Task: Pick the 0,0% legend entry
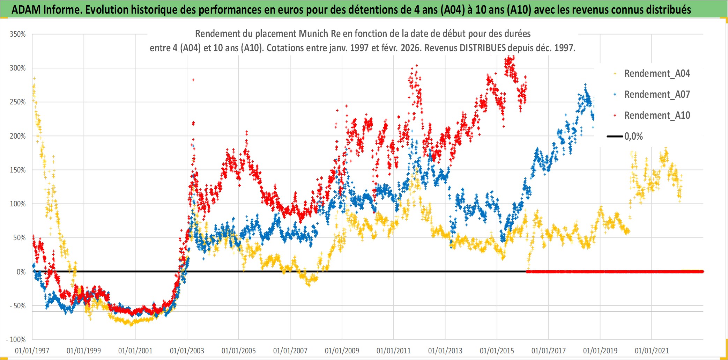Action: click(x=633, y=137)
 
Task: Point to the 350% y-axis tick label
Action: click(x=18, y=34)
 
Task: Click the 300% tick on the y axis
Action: click(x=18, y=68)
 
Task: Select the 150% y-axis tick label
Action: click(x=18, y=170)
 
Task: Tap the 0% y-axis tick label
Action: click(x=21, y=272)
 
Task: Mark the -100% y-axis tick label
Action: click(x=16, y=340)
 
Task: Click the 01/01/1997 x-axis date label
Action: click(x=32, y=351)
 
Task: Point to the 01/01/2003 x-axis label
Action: click(x=187, y=351)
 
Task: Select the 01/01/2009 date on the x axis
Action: click(x=342, y=351)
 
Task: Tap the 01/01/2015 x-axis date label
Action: click(x=497, y=351)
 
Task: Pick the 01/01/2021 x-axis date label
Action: click(x=652, y=351)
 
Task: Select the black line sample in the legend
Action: click(x=615, y=137)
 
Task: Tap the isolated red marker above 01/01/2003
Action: click(x=193, y=80)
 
